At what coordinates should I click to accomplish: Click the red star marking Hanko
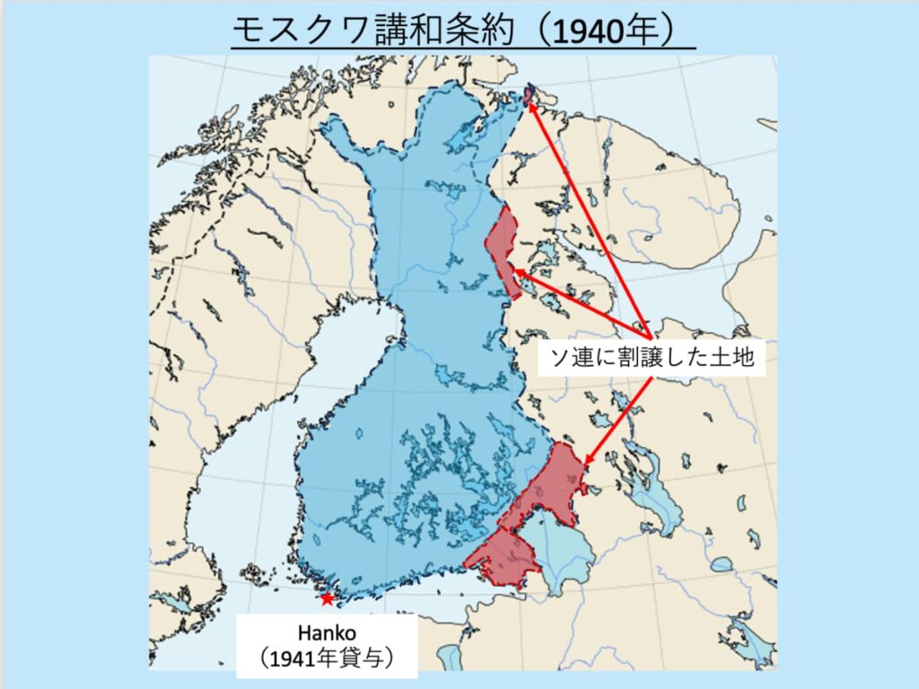click(327, 598)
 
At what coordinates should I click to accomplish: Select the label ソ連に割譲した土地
click(651, 359)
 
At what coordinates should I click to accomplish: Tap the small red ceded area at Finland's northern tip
click(529, 93)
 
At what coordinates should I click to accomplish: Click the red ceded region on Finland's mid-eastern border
click(503, 247)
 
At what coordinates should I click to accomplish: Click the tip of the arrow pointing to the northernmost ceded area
click(529, 100)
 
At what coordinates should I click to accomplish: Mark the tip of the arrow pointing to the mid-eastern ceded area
click(514, 273)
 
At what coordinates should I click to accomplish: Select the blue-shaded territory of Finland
click(422, 359)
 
